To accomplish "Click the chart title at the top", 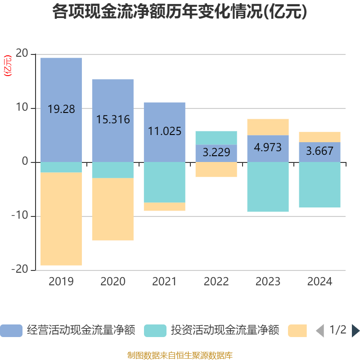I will (180, 12).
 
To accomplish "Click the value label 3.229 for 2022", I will (216, 152).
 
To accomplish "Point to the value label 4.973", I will (268, 147).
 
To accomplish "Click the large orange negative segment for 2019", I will (61, 219).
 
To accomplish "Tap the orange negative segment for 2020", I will (113, 210).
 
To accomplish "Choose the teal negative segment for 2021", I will (165, 182).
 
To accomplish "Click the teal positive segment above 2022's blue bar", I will (216, 138).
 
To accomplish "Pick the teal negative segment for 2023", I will (268, 187).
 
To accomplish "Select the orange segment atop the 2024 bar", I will (319, 137).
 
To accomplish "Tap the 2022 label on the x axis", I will (216, 282).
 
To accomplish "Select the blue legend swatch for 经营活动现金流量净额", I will (11, 331).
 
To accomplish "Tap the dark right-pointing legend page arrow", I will (355, 331).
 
